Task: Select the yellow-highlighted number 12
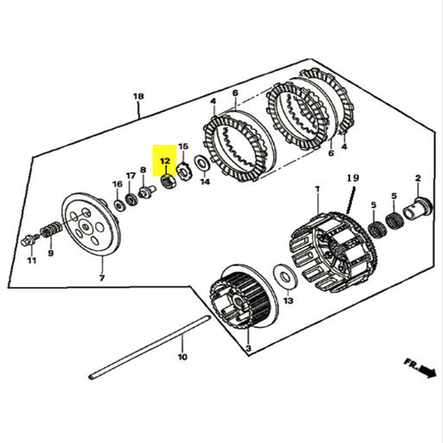coord(164,159)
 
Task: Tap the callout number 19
coord(352,179)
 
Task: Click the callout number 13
coord(289,301)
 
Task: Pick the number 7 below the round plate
coord(102,278)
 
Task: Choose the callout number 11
coord(31,261)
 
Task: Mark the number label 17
coord(131,176)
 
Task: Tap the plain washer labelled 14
coord(201,163)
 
